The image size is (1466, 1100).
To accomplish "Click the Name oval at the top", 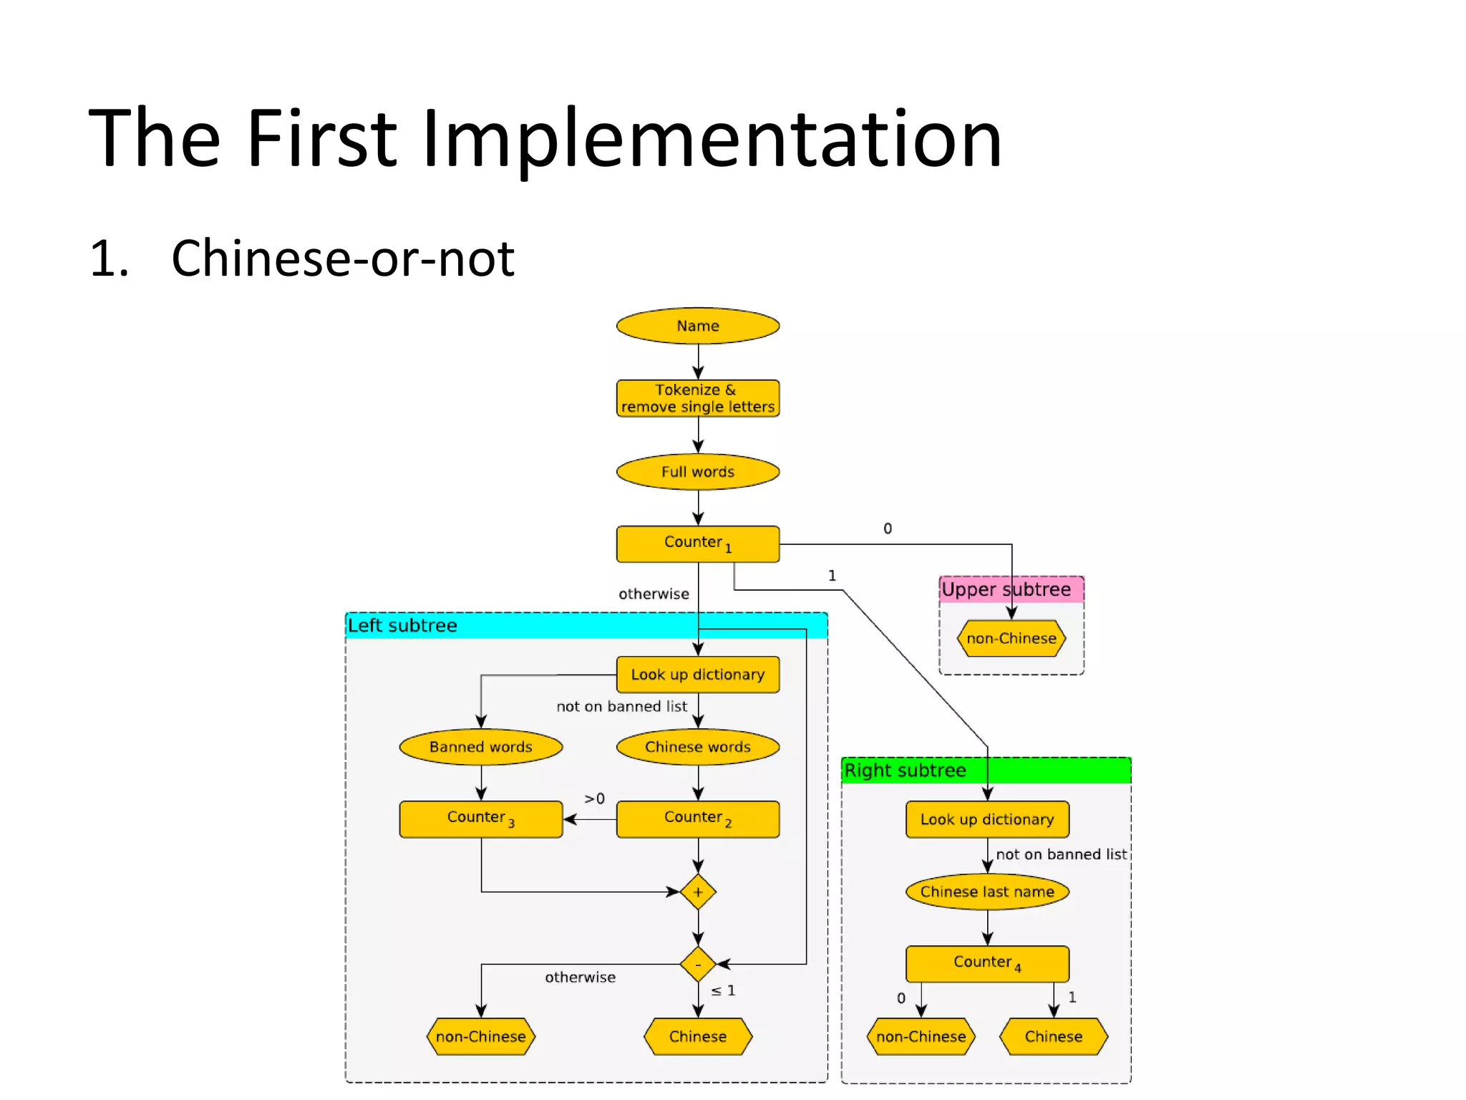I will coord(698,326).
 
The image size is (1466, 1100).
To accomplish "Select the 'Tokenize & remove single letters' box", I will coord(698,398).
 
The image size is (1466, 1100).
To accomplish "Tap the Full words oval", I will coord(698,472).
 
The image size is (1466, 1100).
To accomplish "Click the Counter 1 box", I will coord(698,544).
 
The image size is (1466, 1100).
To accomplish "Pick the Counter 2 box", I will coord(698,819).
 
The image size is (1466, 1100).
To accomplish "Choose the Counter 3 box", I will coord(481,819).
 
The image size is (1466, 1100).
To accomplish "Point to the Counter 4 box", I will coord(987,964).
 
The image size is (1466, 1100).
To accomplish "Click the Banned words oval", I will coord(481,747).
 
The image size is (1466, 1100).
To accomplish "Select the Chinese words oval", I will coord(698,747).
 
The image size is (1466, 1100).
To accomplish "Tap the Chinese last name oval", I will coord(987,892).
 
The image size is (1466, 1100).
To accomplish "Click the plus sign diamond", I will coord(698,892).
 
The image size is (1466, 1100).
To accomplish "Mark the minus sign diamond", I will coord(698,965).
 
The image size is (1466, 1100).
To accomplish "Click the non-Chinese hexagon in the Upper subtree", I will coord(1011,638).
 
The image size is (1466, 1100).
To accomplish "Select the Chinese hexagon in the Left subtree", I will coord(698,1036).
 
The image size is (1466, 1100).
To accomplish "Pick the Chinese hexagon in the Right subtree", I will coord(1054,1036).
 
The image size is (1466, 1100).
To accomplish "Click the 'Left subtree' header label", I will coord(402,626).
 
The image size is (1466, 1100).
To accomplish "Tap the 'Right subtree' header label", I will coord(905,771).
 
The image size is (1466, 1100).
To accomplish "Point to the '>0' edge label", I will coord(594,799).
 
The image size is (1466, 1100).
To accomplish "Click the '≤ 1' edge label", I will coord(723,990).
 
